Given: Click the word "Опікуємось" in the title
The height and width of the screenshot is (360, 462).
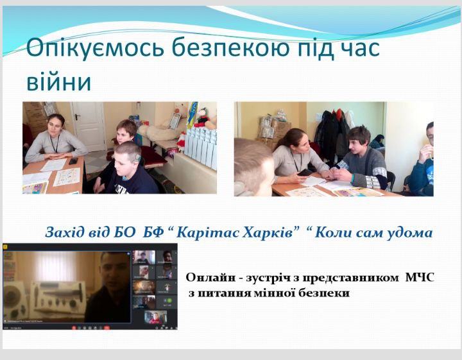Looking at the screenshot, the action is [x=95, y=47].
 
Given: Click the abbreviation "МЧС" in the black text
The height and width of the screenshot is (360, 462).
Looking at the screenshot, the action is [x=420, y=277].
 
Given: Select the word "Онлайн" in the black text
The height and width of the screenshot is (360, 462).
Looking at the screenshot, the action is [x=210, y=277].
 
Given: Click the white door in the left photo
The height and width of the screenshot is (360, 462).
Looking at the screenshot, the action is [x=89, y=126].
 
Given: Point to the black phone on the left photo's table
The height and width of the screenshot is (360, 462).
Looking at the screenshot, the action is [x=73, y=161].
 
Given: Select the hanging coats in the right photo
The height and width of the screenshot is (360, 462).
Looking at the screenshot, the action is [x=334, y=133].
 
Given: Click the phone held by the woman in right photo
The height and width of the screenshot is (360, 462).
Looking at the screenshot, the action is [x=305, y=172].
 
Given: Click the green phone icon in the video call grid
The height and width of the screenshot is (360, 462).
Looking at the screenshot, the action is [x=169, y=301].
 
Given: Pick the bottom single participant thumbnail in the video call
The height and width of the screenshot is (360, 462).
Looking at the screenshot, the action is [x=155, y=317].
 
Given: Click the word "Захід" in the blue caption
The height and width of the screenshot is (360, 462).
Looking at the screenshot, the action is [x=65, y=233].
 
